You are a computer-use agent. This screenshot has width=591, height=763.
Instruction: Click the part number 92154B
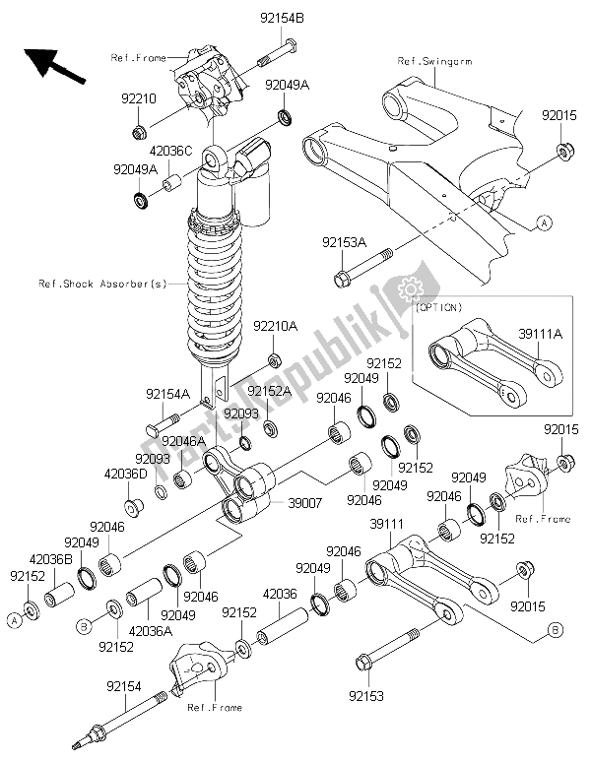tap(284, 18)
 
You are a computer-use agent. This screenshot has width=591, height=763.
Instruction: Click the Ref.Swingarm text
tap(436, 61)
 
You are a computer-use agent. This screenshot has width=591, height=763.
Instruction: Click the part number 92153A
tap(343, 241)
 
